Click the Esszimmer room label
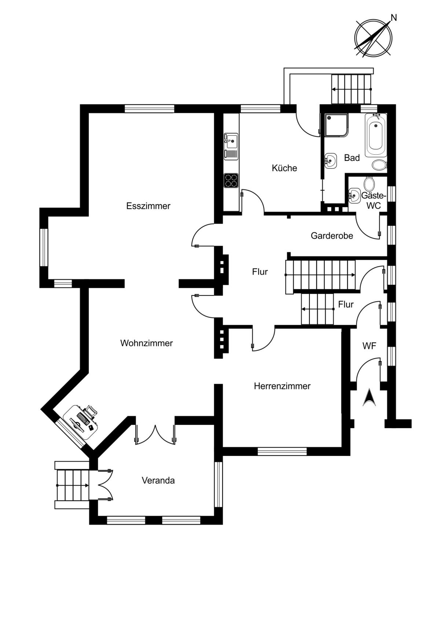click(148, 206)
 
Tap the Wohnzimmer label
click(146, 343)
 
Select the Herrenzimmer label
click(282, 386)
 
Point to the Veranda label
click(158, 481)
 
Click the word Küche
click(285, 168)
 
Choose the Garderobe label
click(332, 236)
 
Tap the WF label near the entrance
click(369, 346)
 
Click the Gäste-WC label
click(374, 200)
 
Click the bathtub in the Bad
click(376, 135)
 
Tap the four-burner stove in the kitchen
click(231, 180)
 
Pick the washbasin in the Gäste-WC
click(354, 196)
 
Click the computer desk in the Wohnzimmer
click(81, 422)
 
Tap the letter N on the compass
click(393, 18)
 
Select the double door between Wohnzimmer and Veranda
click(155, 435)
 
